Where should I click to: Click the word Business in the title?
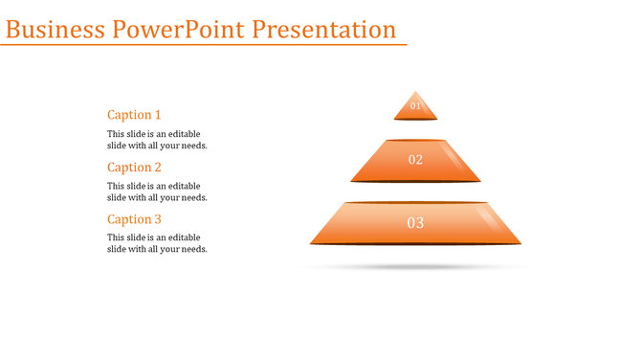[55, 30]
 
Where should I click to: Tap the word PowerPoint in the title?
[179, 30]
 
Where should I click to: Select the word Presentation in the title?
[324, 30]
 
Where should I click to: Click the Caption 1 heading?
[134, 115]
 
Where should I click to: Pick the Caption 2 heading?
[134, 168]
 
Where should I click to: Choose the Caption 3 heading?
[134, 219]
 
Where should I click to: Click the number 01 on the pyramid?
[415, 106]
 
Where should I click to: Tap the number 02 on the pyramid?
[415, 160]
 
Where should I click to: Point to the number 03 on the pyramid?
[415, 223]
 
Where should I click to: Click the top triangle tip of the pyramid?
[415, 92]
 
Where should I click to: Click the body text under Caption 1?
[157, 140]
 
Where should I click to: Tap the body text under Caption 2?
[157, 191]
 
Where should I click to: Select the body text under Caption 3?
[157, 243]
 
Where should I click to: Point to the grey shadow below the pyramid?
[415, 267]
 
